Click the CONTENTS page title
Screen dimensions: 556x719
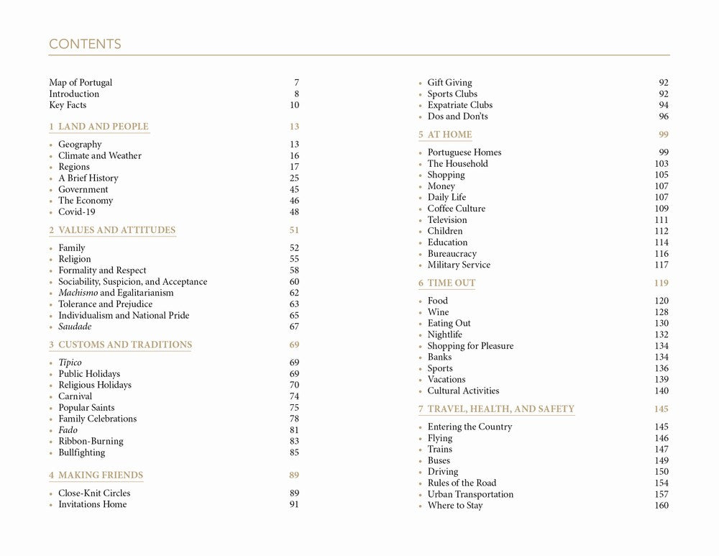coord(85,44)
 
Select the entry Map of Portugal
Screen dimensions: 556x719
coord(81,83)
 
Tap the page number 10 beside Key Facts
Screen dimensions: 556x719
coord(294,105)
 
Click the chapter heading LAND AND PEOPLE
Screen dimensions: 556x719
coord(103,127)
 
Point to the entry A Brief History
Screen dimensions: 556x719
coord(88,178)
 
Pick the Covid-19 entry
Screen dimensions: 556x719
coord(77,212)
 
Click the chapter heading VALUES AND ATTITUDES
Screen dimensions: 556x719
coord(116,230)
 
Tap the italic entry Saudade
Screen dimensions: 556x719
coord(75,327)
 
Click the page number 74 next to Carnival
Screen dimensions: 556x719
coord(294,396)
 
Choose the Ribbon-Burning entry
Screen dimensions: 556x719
coord(91,442)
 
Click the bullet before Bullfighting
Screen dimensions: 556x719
coord(52,453)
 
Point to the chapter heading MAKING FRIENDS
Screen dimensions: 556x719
coord(100,475)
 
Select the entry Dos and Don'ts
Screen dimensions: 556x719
coord(457,117)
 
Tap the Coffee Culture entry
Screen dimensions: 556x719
coord(457,209)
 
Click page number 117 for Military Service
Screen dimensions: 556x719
coord(661,265)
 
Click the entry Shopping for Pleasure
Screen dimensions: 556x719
coord(470,346)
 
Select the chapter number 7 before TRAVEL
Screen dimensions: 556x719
coord(421,409)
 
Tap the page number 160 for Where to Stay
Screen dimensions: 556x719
coord(661,506)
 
